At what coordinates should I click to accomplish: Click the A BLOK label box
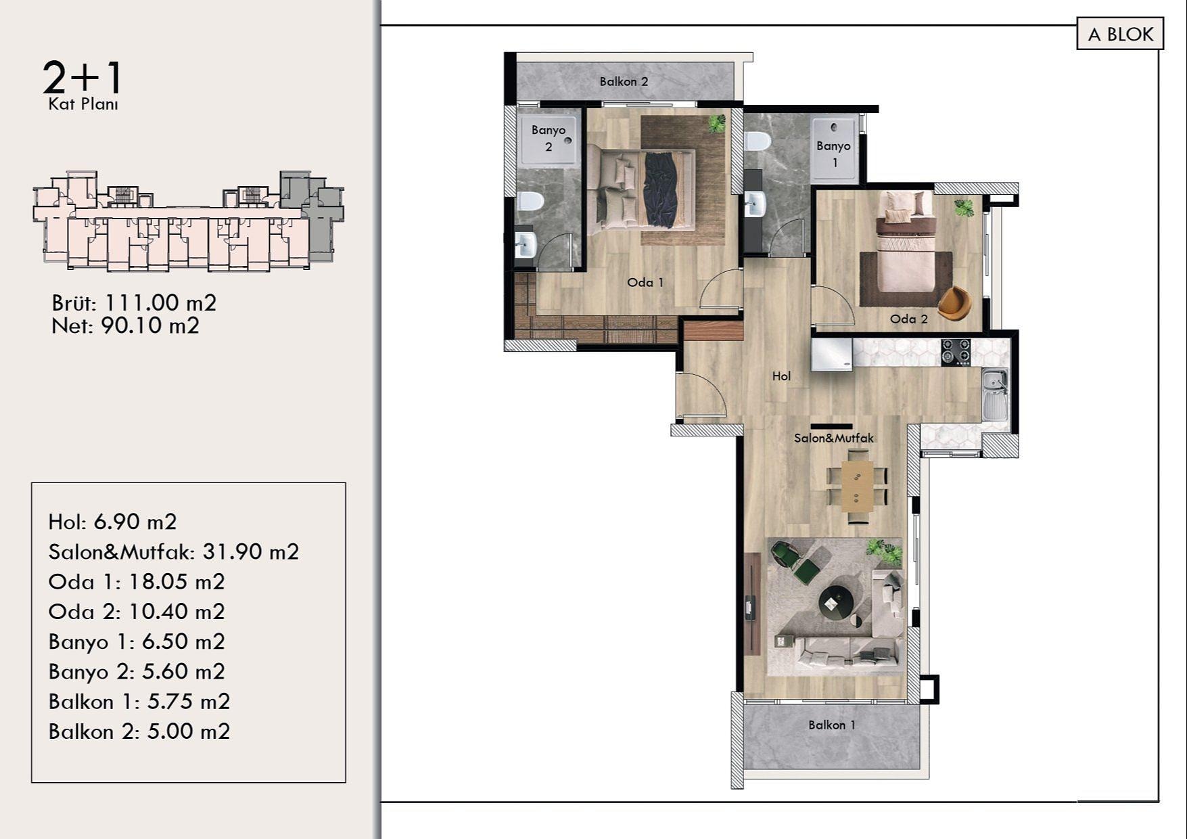[1120, 34]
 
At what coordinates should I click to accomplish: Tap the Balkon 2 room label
[624, 82]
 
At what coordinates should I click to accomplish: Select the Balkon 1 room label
[832, 725]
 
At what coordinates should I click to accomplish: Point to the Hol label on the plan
[781, 376]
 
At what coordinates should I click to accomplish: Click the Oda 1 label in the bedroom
[645, 282]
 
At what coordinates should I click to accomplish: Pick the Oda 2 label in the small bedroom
[909, 319]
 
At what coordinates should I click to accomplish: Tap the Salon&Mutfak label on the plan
[834, 438]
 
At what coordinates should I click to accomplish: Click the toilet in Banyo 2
[531, 202]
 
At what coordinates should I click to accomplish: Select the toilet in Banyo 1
[757, 141]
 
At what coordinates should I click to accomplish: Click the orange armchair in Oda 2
[955, 302]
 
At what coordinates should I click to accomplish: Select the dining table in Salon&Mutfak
[857, 485]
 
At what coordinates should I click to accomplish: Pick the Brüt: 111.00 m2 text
[134, 302]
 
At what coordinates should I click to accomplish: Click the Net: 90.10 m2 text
[125, 325]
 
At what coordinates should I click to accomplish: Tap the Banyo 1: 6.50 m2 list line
[137, 641]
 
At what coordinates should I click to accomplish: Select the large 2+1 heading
[82, 77]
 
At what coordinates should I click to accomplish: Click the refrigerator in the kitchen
[832, 355]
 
